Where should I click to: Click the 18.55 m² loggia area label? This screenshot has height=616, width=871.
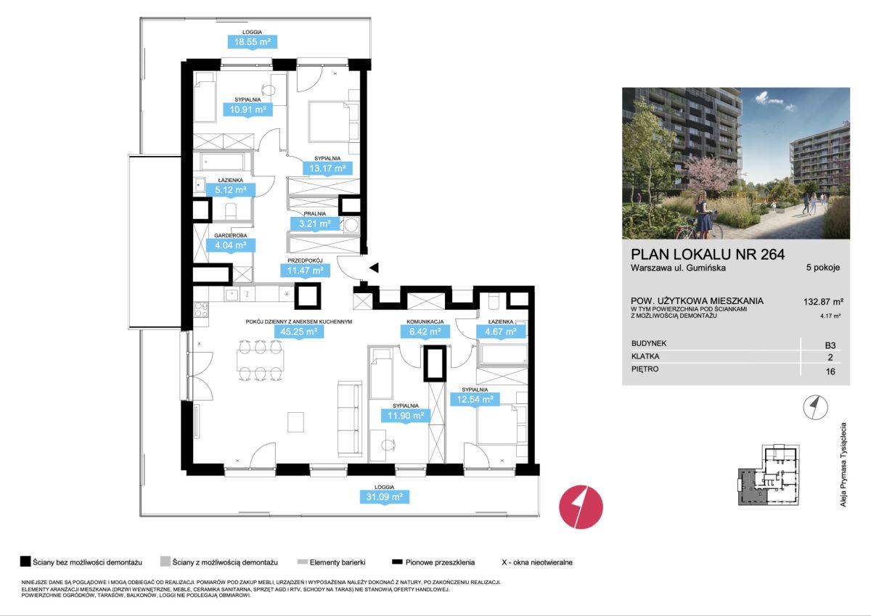[x=252, y=42]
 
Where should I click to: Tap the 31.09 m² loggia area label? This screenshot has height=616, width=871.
[x=384, y=497]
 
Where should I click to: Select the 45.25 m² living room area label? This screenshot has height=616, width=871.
[x=298, y=332]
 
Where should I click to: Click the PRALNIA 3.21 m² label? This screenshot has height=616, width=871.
[x=314, y=221]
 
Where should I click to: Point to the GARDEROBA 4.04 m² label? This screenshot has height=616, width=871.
[x=231, y=242]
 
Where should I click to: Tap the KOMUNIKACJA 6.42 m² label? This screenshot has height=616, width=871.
[x=425, y=329]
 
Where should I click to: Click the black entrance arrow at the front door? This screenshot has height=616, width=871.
[x=374, y=268]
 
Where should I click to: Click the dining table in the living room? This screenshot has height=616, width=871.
[x=260, y=361]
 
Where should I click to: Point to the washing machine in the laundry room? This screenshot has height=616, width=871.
[x=351, y=226]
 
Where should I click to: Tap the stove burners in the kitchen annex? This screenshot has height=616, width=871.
[x=201, y=310]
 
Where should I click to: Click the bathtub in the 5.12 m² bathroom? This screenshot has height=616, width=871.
[x=224, y=162]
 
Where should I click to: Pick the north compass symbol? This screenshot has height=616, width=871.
[x=815, y=407]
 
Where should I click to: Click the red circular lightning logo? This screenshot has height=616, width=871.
[x=581, y=506]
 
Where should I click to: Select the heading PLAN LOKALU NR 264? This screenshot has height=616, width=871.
[x=708, y=254]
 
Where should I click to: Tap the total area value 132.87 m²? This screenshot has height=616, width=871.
[x=823, y=302]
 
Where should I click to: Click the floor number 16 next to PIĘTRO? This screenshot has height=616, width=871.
[x=830, y=371]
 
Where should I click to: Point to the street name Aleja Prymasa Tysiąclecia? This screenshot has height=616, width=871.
[x=843, y=465]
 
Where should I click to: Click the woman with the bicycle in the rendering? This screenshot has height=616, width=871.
[x=704, y=215]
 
